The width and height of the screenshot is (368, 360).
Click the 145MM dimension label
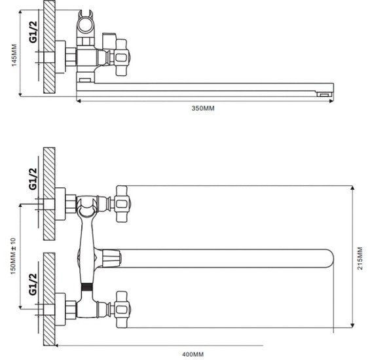pyautogui.click(x=14, y=55)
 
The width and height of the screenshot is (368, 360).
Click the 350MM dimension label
pyautogui.click(x=203, y=108)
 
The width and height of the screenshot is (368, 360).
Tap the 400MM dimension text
pyautogui.click(x=193, y=354)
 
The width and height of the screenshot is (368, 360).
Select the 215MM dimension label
pyautogui.click(x=360, y=258)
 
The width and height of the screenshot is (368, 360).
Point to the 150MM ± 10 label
pyautogui.click(x=13, y=256)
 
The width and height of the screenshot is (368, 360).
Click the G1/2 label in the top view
pyautogui.click(x=33, y=31)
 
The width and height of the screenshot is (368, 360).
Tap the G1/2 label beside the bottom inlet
pyautogui.click(x=33, y=284)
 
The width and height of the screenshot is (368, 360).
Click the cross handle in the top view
pyautogui.click(x=122, y=58)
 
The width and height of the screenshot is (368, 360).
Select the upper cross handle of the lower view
pyautogui.click(x=122, y=204)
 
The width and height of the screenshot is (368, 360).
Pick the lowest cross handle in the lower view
pyautogui.click(x=122, y=310)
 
